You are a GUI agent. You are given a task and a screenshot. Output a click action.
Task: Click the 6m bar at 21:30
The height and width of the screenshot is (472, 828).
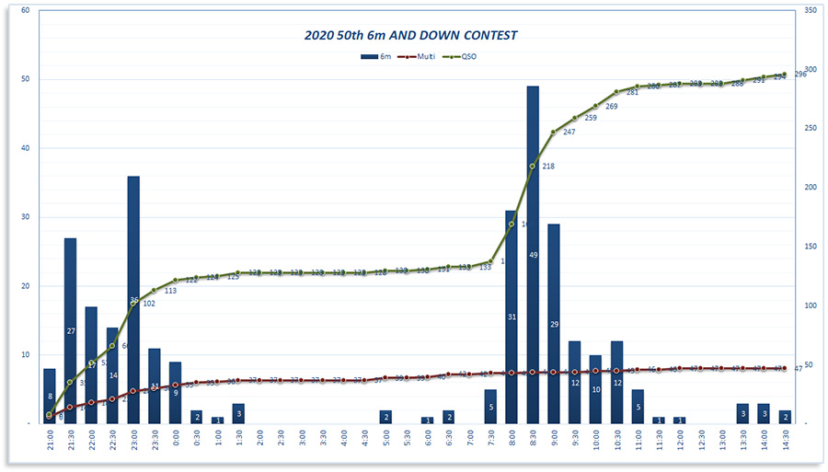[70, 330]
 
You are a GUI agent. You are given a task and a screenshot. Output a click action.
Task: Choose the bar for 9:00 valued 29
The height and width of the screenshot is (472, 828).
[554, 323]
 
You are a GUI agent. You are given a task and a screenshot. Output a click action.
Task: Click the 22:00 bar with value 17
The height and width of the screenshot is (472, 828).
[91, 364]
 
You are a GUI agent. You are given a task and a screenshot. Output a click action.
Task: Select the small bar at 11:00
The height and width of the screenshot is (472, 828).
[638, 406]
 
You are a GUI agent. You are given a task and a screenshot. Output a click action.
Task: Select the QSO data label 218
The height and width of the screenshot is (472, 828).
[548, 167]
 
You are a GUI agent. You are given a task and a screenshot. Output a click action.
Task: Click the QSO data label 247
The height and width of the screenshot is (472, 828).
[569, 132]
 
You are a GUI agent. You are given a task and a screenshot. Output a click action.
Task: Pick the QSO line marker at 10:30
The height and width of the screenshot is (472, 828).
[616, 92]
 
